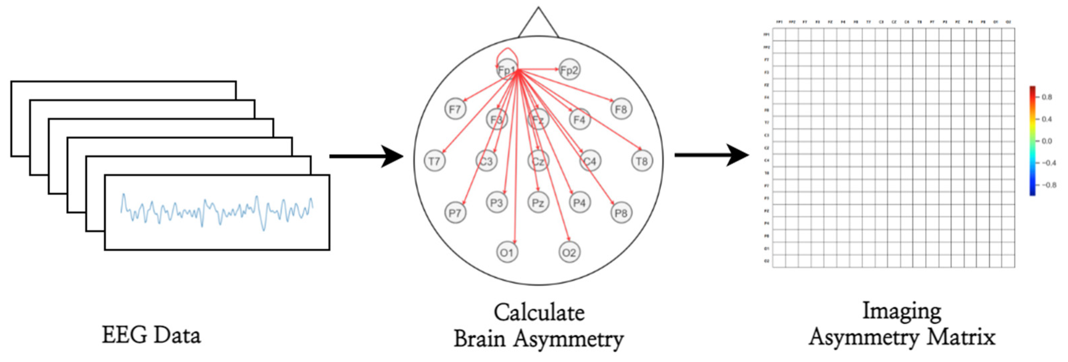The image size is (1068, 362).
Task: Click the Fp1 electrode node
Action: tap(507, 70)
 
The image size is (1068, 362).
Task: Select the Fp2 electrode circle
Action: tap(569, 70)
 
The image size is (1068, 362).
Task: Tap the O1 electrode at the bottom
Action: tap(507, 252)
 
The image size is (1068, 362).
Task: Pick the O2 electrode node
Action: tap(569, 252)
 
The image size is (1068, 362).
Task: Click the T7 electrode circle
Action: tap(434, 161)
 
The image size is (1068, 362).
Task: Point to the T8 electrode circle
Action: tap(642, 161)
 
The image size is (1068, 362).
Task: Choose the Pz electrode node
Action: tap(538, 203)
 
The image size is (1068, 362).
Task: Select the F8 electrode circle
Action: tap(621, 109)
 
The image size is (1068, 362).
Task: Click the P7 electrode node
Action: tap(455, 213)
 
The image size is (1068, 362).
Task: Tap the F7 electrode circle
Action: tap(455, 109)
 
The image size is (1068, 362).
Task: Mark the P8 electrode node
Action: tap(621, 213)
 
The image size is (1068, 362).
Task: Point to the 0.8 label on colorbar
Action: tap(1047, 97)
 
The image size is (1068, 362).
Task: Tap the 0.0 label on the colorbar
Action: tap(1047, 141)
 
